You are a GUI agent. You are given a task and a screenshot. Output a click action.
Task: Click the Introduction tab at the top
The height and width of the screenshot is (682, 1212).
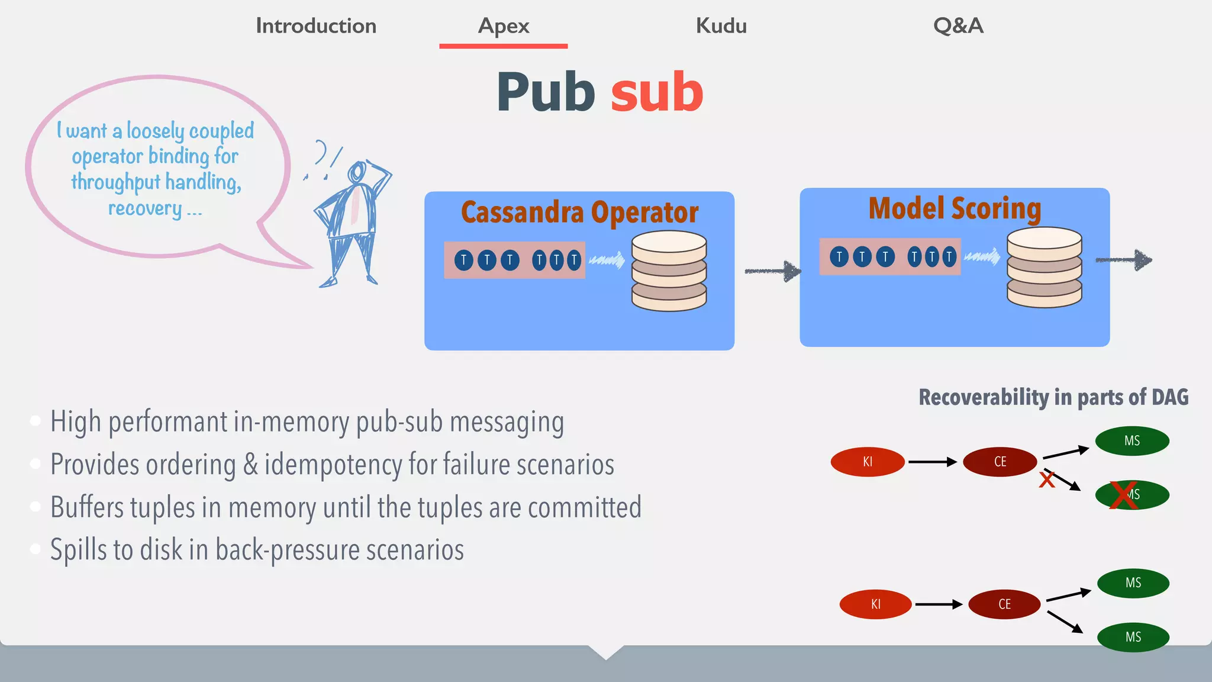coord(316,26)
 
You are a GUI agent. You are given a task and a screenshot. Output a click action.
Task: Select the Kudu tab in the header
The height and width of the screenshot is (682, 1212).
coord(721,26)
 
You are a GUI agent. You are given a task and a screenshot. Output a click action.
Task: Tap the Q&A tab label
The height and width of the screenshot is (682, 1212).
coord(958,26)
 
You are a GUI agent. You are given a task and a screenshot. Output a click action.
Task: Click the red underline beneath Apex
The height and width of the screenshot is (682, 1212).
coord(503,46)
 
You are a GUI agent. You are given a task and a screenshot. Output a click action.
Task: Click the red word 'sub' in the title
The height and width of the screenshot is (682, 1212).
coord(657,92)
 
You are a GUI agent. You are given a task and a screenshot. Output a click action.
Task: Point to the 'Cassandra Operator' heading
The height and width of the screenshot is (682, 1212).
coord(579,212)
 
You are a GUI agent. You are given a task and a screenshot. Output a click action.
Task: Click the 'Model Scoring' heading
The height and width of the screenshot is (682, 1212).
coord(955,208)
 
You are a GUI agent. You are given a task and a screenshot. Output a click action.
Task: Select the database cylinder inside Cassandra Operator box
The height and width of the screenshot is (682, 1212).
coord(669,271)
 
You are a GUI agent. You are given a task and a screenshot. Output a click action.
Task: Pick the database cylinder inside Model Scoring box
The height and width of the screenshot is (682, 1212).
coord(1044,268)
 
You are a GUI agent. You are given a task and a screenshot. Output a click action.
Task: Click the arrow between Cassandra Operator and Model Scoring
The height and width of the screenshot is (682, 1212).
coord(772,271)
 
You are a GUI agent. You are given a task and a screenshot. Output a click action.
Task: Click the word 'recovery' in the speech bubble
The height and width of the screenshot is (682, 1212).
coord(145,208)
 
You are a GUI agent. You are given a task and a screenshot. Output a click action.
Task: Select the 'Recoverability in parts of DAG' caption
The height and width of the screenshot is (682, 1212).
coord(1053,397)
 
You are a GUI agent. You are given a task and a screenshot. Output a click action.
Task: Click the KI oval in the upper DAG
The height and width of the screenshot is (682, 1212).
coord(868,462)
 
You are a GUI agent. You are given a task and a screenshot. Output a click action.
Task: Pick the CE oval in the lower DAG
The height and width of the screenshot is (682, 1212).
coord(1004,604)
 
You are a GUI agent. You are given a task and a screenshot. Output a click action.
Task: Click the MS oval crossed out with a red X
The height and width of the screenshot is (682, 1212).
coord(1132,495)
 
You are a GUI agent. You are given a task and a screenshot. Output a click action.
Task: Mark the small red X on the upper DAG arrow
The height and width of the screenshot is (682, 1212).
coord(1047,480)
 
